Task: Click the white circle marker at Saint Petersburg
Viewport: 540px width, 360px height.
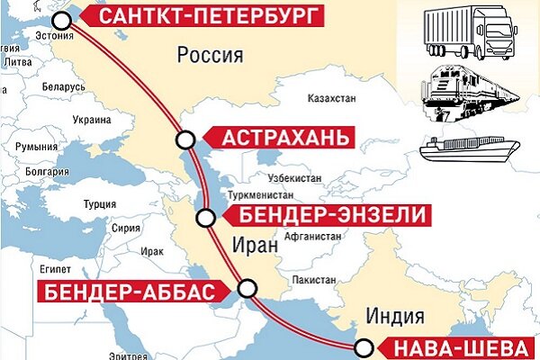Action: (x=61, y=20)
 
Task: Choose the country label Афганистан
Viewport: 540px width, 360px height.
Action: (x=314, y=235)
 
